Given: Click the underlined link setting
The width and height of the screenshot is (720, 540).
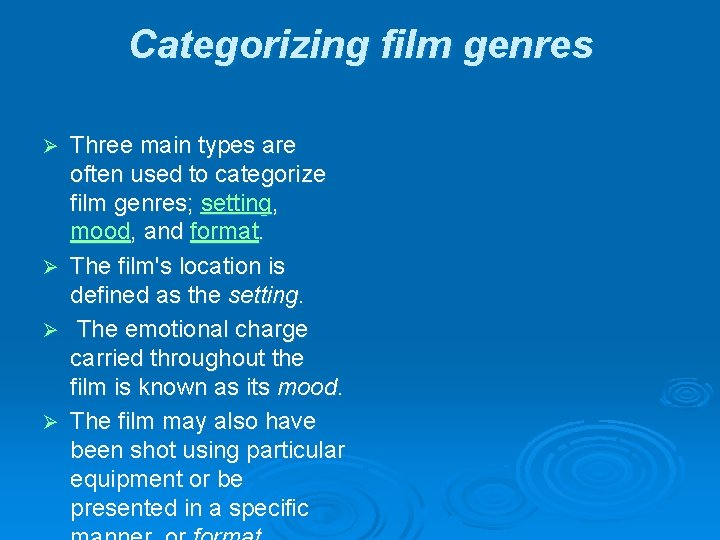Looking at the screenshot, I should [236, 204].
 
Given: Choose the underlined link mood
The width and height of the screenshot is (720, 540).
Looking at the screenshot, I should [100, 232].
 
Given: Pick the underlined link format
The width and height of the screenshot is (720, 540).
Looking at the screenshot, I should [224, 232].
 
